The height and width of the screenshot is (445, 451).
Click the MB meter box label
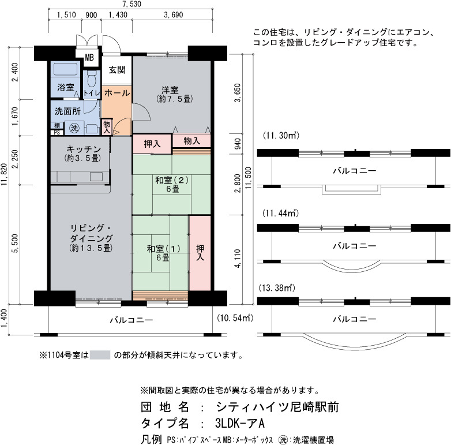tap(89, 58)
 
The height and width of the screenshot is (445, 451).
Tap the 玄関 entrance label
tap(117, 70)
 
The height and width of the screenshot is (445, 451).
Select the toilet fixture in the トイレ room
tap(92, 79)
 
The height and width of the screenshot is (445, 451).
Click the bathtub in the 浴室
tap(66, 69)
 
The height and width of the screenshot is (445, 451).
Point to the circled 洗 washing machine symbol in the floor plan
tap(74, 128)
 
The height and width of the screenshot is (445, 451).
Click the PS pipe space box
tap(57, 132)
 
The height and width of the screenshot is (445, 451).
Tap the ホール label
tap(117, 93)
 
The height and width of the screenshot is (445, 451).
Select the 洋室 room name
tap(170, 90)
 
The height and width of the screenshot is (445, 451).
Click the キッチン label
tap(84, 149)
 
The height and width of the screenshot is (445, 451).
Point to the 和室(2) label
tap(172, 180)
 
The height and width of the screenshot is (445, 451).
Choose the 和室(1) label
tap(163, 248)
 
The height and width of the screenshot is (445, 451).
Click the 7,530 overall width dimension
tap(131, 3)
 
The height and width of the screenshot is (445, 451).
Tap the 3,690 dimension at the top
tap(174, 14)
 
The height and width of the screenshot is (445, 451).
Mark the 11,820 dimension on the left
tap(3, 174)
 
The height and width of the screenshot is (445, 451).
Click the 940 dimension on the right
tap(238, 144)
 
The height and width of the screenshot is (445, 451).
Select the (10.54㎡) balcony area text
tap(235, 318)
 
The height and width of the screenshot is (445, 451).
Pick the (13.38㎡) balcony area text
tap(277, 287)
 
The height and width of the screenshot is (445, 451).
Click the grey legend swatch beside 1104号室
tap(100, 355)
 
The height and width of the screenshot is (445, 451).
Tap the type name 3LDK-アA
tap(239, 423)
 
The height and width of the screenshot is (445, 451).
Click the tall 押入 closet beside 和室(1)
tap(200, 253)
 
